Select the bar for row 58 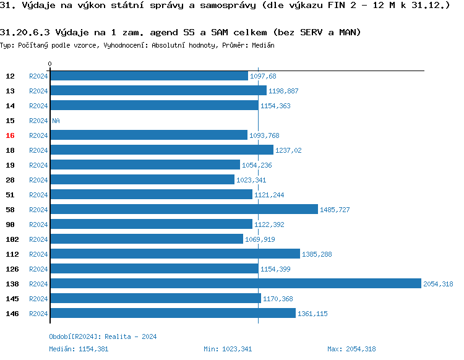coord(184,210)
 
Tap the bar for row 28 coord(142,180)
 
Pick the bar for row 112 coord(175,254)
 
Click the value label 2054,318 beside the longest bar coord(438,284)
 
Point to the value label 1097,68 coord(263,76)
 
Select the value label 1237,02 coord(289,150)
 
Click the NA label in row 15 coord(56,121)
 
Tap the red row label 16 coord(10,135)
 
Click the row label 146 coord(12,314)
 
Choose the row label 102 coord(12,239)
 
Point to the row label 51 coord(10,195)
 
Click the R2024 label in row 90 coord(38,225)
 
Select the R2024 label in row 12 coord(38,76)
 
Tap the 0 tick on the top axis coord(50,64)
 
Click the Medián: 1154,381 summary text coord(78,349)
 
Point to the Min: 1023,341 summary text coord(228,349)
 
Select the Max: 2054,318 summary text coord(351,349)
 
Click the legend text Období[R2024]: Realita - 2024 coord(103,336)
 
